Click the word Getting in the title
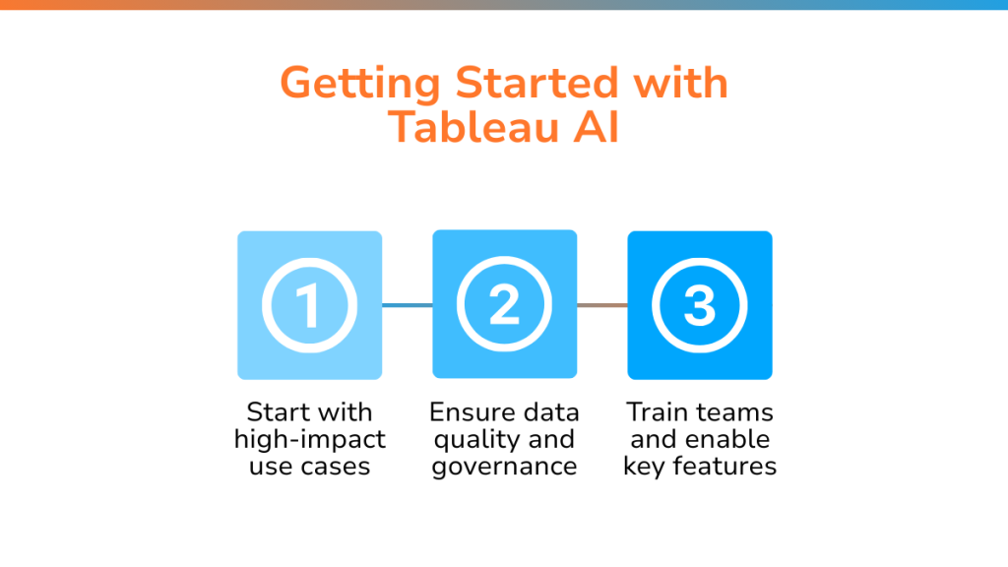tap(360, 85)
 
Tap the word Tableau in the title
tap(473, 126)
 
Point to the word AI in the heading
tap(596, 127)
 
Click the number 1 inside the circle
tap(308, 306)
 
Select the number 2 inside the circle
tap(504, 305)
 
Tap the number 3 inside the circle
tap(700, 305)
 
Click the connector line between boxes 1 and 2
tap(407, 305)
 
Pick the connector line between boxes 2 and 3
tap(602, 305)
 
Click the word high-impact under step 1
tap(310, 440)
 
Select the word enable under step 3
tap(728, 439)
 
